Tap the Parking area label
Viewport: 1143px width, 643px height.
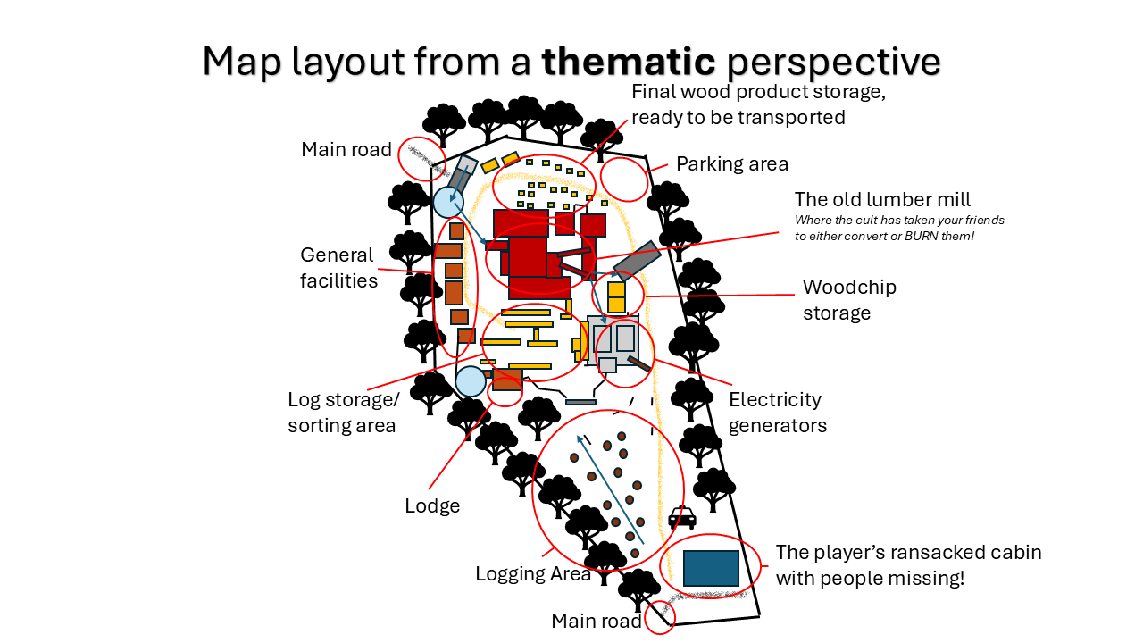point(732,163)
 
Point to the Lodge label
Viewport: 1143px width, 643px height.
point(432,506)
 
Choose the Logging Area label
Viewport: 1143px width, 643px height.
point(533,573)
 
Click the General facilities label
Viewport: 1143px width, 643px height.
point(338,268)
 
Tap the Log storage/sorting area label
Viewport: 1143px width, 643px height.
point(343,412)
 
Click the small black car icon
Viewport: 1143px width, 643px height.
point(682,517)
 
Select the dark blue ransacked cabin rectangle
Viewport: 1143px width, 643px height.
point(711,568)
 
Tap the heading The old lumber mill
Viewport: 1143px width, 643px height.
point(882,199)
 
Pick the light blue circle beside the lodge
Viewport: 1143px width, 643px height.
point(471,381)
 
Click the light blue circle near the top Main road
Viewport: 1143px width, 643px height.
point(446,202)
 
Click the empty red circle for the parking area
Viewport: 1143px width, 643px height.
point(624,179)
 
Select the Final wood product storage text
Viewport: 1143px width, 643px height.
point(758,104)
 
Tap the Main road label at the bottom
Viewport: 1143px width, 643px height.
point(596,621)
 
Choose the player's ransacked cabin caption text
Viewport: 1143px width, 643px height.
point(908,564)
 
